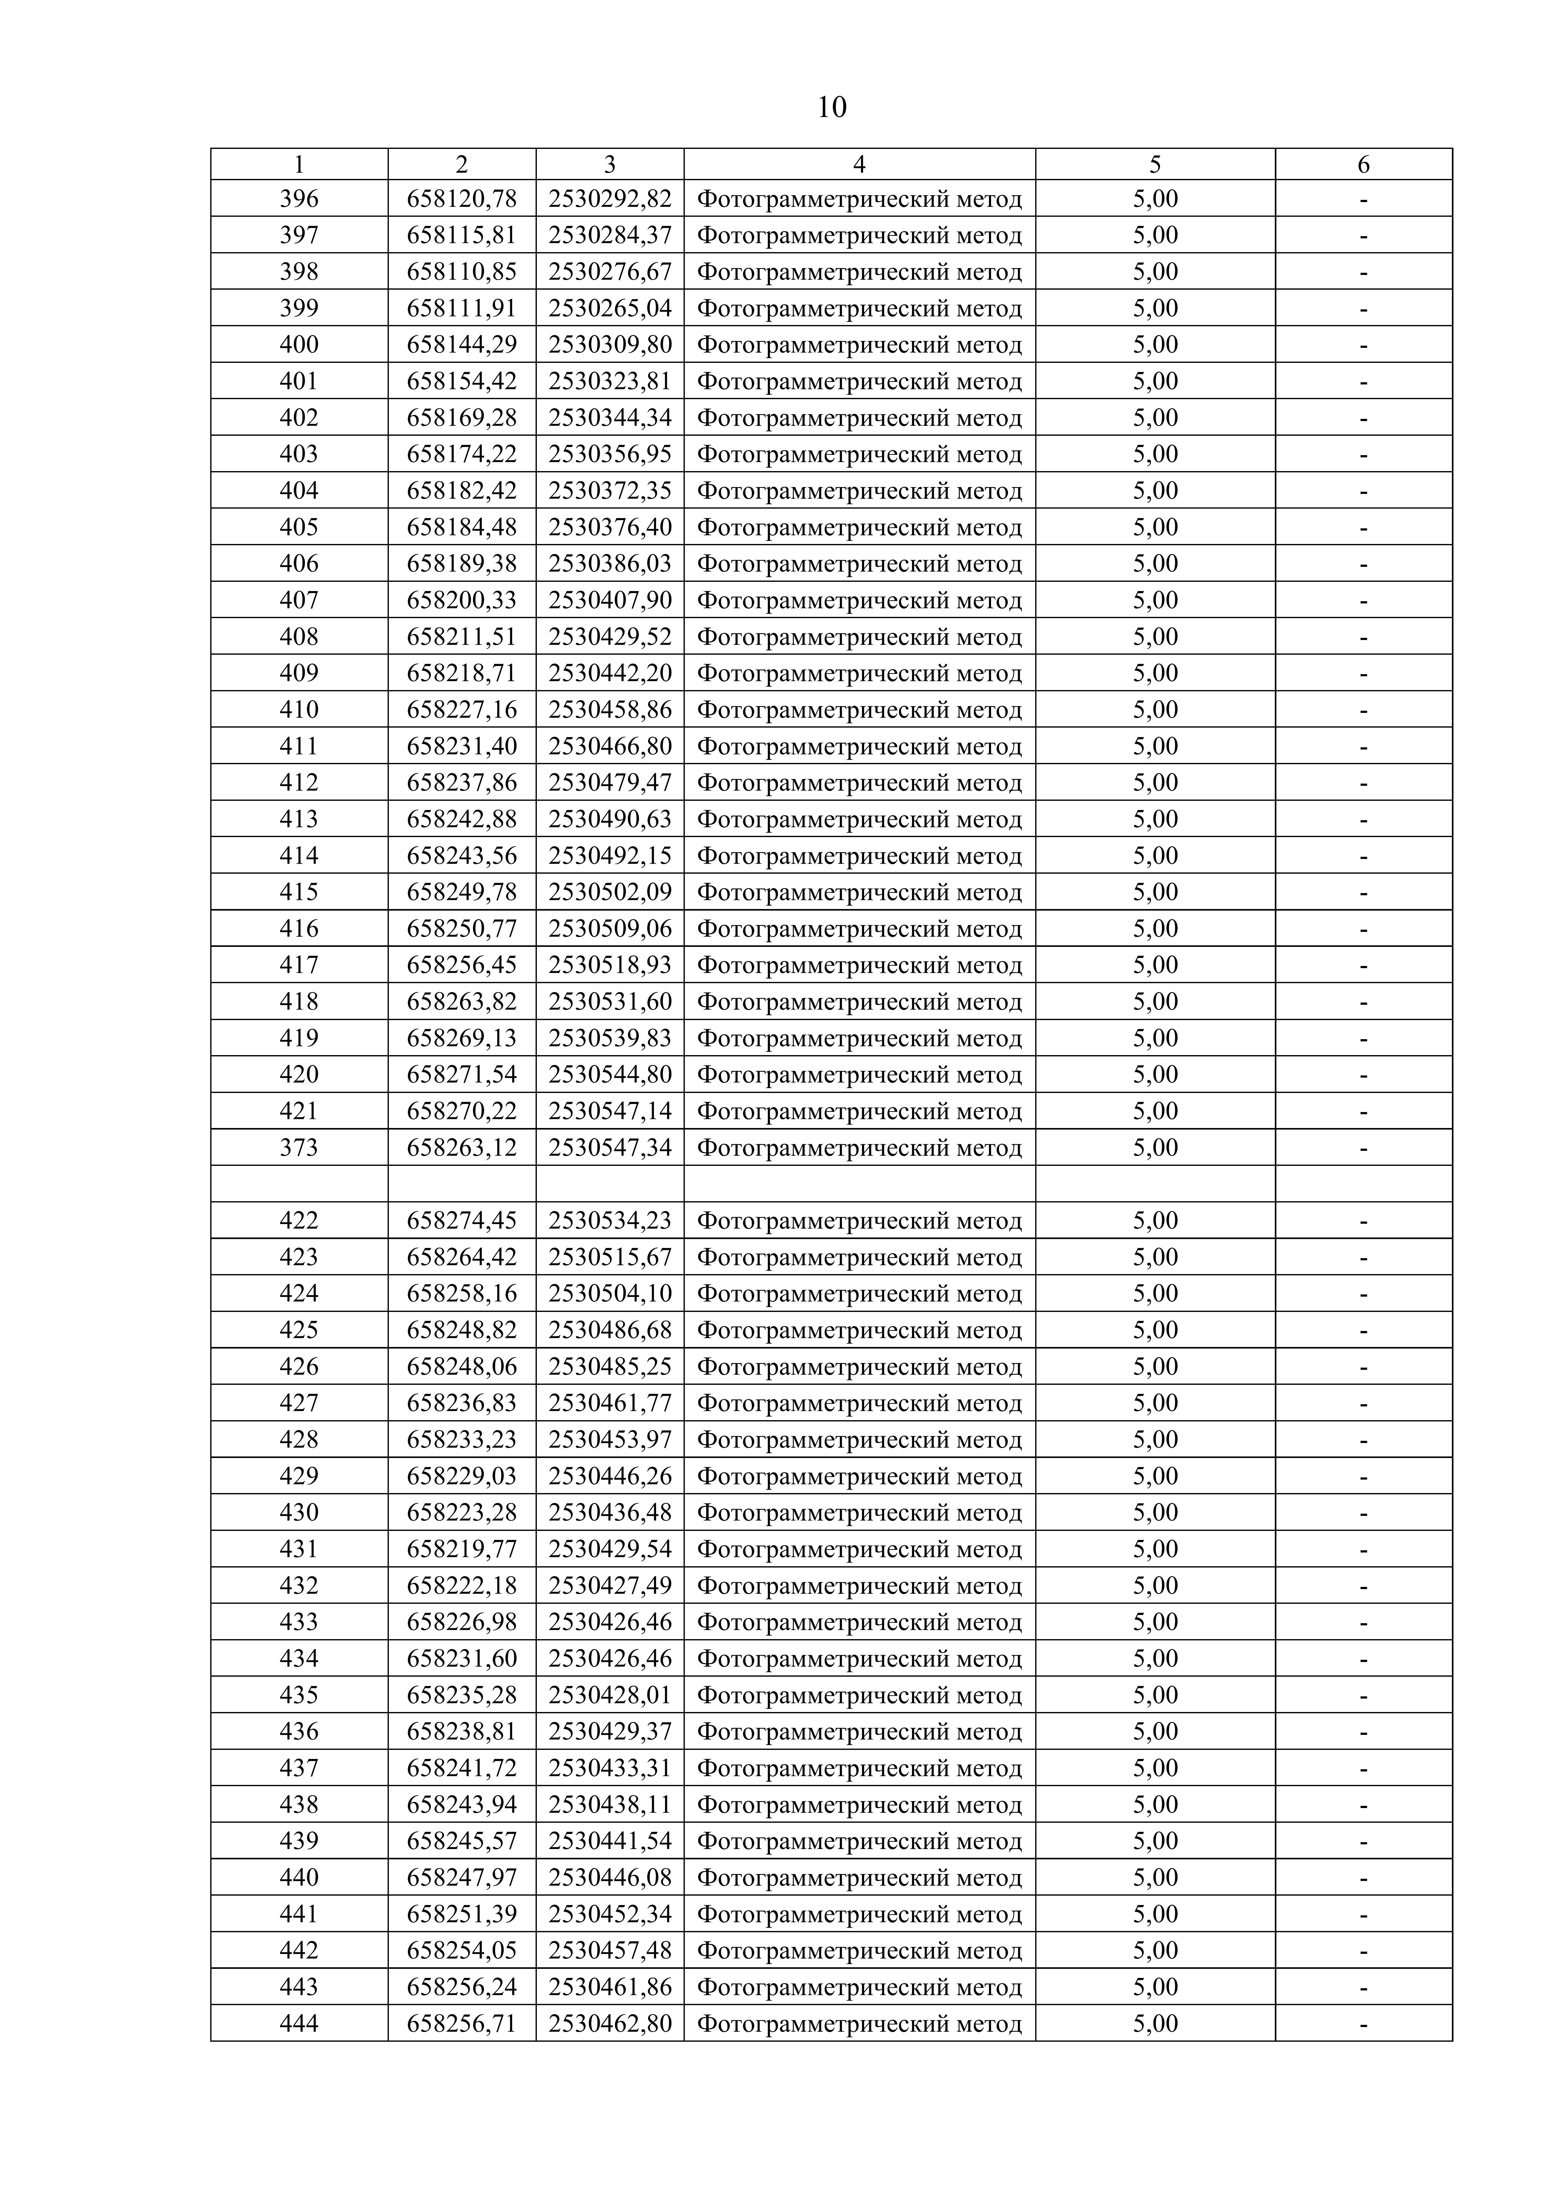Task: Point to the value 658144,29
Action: [x=462, y=344]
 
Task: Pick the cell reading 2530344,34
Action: [x=610, y=418]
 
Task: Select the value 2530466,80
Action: [x=610, y=746]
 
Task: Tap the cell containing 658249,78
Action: [x=462, y=892]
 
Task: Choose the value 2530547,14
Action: [x=610, y=1111]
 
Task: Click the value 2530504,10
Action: [x=610, y=1293]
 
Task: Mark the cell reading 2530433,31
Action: [x=610, y=1768]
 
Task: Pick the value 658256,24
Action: [x=462, y=1988]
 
